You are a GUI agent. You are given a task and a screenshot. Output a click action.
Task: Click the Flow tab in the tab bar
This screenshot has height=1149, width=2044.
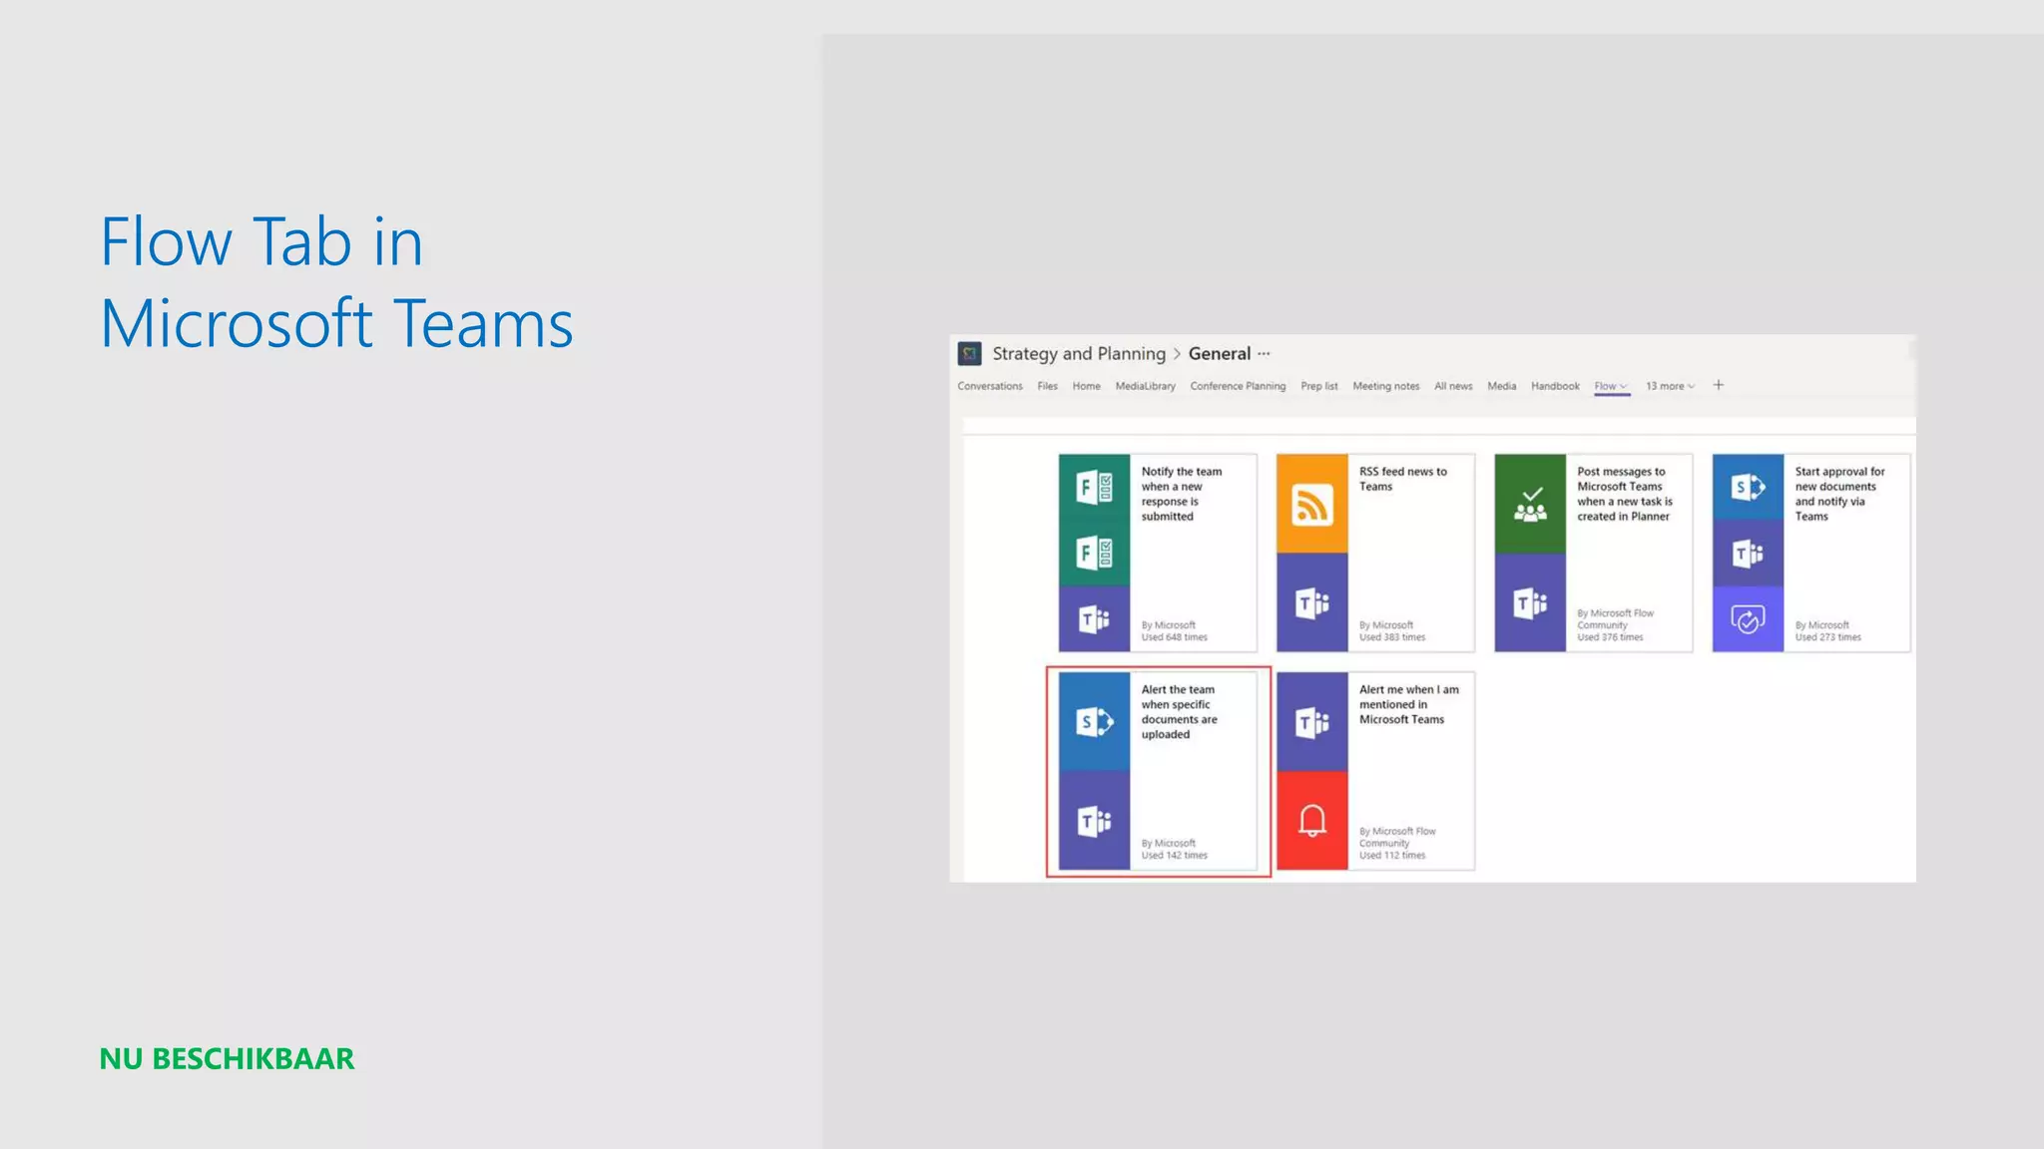pyautogui.click(x=1606, y=386)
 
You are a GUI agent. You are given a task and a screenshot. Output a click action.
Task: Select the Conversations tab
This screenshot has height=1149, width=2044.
pyautogui.click(x=990, y=386)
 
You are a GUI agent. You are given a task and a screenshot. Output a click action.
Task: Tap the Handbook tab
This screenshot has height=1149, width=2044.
pyautogui.click(x=1555, y=386)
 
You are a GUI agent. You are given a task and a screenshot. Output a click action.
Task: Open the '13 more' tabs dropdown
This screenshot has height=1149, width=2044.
pyautogui.click(x=1670, y=386)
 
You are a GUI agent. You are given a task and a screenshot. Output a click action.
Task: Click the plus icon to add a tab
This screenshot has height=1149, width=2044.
pyautogui.click(x=1719, y=385)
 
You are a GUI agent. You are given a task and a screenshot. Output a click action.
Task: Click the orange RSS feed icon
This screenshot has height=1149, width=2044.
pyautogui.click(x=1311, y=505)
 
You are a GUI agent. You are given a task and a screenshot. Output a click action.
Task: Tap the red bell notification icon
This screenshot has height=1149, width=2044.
pyautogui.click(x=1311, y=820)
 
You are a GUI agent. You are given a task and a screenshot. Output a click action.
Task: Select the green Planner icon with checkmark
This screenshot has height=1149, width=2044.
pyautogui.click(x=1530, y=505)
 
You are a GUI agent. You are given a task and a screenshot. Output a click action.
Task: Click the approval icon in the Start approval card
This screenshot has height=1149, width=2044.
pyautogui.click(x=1748, y=619)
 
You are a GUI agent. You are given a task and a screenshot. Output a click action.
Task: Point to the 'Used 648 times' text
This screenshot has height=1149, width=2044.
pyautogui.click(x=1175, y=637)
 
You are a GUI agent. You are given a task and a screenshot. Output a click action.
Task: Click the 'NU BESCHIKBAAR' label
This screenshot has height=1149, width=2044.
pyautogui.click(x=227, y=1059)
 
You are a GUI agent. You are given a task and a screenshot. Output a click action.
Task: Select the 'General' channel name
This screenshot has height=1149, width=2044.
pyautogui.click(x=1219, y=354)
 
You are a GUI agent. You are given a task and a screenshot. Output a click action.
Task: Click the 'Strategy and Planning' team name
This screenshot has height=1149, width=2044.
pyautogui.click(x=1078, y=354)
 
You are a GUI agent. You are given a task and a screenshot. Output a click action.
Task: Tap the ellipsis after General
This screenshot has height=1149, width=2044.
pyautogui.click(x=1264, y=354)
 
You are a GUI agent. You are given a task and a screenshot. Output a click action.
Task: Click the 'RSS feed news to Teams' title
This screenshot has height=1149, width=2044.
pyautogui.click(x=1402, y=479)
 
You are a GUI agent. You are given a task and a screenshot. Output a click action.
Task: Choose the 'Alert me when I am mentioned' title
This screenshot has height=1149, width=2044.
pyautogui.click(x=1408, y=704)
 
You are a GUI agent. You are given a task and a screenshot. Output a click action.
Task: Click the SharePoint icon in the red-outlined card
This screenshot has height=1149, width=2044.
pyautogui.click(x=1094, y=721)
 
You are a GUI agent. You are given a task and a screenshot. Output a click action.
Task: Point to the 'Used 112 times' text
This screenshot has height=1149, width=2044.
pyautogui.click(x=1392, y=856)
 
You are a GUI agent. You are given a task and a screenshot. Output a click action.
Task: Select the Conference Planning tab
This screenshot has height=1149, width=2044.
pyautogui.click(x=1238, y=386)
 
